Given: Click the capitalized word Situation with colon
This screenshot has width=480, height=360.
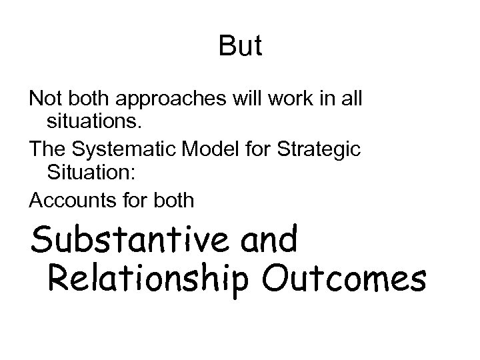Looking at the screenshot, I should click(x=91, y=173).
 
